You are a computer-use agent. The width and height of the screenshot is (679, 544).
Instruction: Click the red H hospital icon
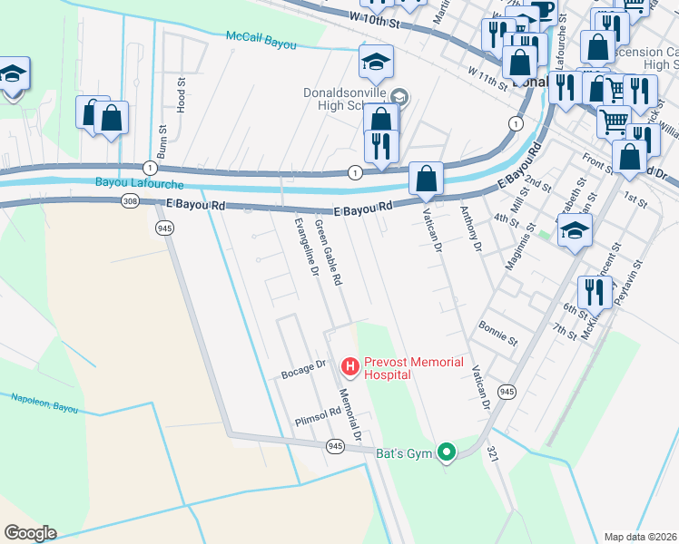349,367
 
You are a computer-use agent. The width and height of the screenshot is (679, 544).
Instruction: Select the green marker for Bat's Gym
446,451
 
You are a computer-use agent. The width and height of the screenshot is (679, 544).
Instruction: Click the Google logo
30,533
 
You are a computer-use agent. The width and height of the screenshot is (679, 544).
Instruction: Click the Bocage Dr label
303,369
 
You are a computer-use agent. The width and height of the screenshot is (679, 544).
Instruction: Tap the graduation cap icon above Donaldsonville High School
376,63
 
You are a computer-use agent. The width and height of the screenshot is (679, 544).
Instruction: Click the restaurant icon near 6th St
595,292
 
